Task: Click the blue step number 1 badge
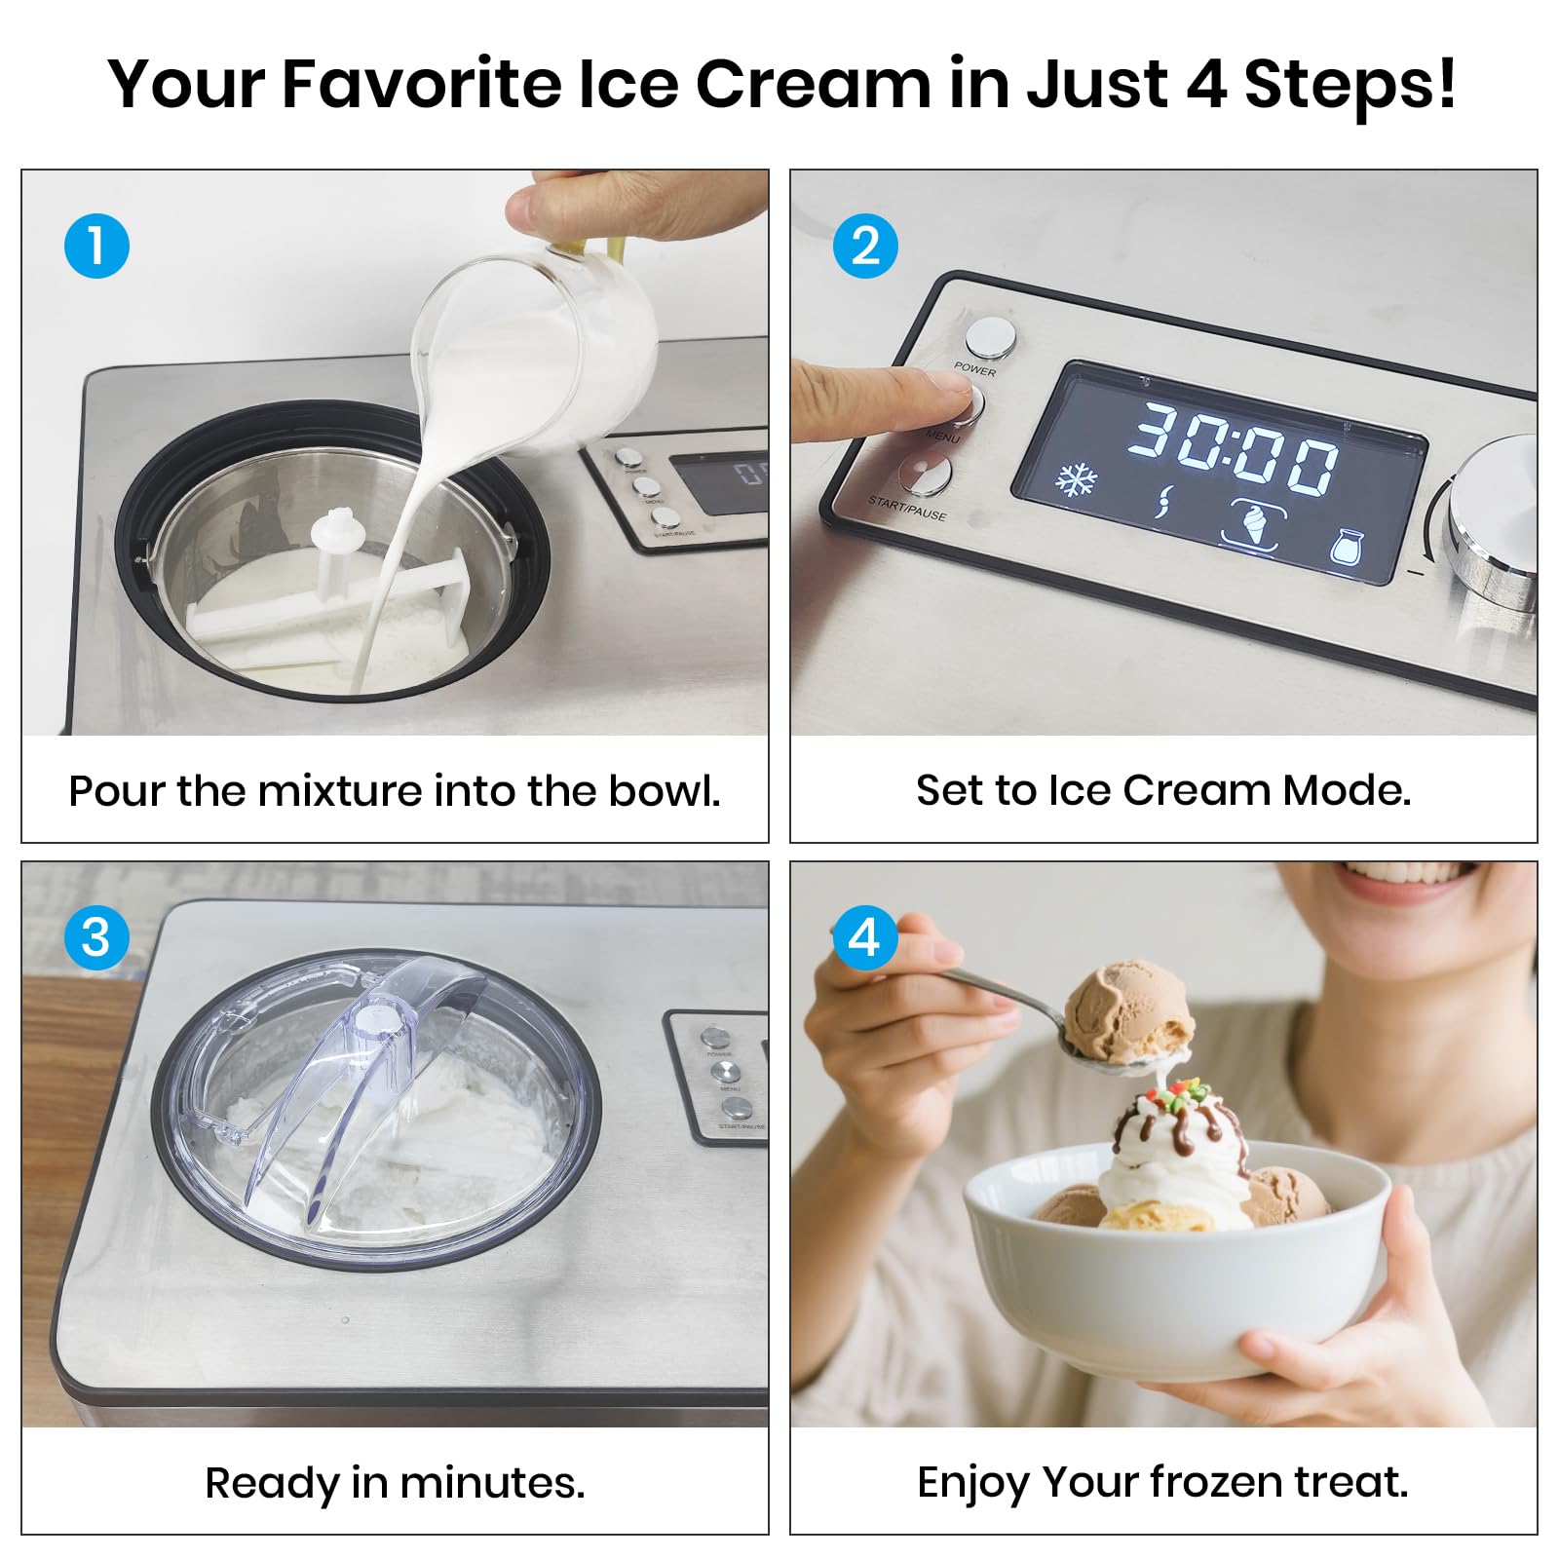96,246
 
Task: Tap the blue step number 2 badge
865,246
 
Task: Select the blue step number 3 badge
96,937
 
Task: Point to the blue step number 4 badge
865,937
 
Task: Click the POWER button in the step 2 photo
990,337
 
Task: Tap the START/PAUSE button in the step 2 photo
925,475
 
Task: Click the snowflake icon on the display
1077,480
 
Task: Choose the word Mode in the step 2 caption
1345,790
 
